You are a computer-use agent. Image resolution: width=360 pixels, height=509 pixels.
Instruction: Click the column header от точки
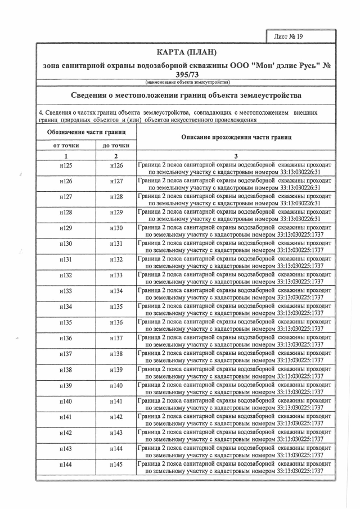(66, 145)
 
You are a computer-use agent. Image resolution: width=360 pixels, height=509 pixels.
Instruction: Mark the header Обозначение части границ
(86, 132)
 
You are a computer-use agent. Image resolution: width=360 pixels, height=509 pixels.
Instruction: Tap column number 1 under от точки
(66, 156)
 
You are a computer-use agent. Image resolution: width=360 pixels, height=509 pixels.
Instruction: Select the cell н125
(66, 166)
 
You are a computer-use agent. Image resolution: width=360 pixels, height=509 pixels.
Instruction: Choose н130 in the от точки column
(66, 245)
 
